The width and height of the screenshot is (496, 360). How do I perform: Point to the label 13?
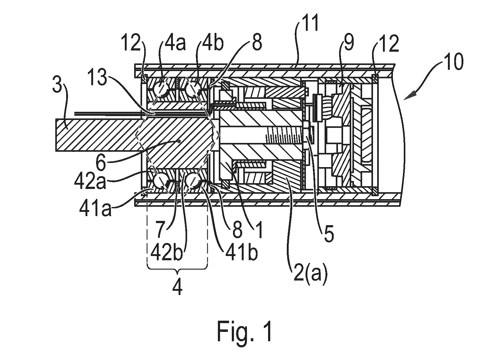[97, 77]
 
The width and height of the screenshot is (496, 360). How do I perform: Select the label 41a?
[96, 208]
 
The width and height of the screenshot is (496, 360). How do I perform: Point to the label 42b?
[167, 253]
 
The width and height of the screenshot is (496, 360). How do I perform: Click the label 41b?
[242, 253]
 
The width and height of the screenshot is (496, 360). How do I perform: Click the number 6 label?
[101, 163]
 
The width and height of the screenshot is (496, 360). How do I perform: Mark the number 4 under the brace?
[177, 286]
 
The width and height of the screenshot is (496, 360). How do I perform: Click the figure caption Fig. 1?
[244, 331]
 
